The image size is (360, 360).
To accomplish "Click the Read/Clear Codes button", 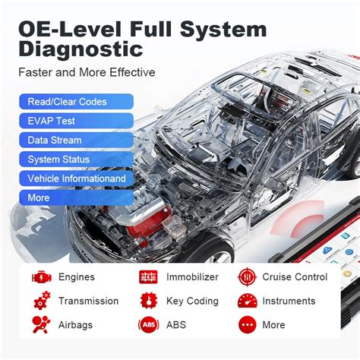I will tap(77, 102).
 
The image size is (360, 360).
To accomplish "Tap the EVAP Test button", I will tap(77, 121).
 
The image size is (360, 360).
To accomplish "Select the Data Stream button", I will tap(77, 140).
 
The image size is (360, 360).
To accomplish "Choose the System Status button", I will tap(77, 159).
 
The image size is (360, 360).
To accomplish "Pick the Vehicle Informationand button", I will tap(77, 178).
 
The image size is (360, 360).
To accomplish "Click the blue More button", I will tap(77, 197).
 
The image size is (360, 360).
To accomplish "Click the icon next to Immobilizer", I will tap(148, 277).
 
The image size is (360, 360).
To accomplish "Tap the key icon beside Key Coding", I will tap(148, 301).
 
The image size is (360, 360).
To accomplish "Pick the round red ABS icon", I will tap(148, 324).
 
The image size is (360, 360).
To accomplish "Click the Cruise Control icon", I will tap(247, 277).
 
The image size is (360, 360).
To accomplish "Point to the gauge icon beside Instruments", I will tap(247, 301).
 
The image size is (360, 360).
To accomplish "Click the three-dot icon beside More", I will tap(247, 324).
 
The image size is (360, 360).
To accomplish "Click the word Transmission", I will tap(88, 301).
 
